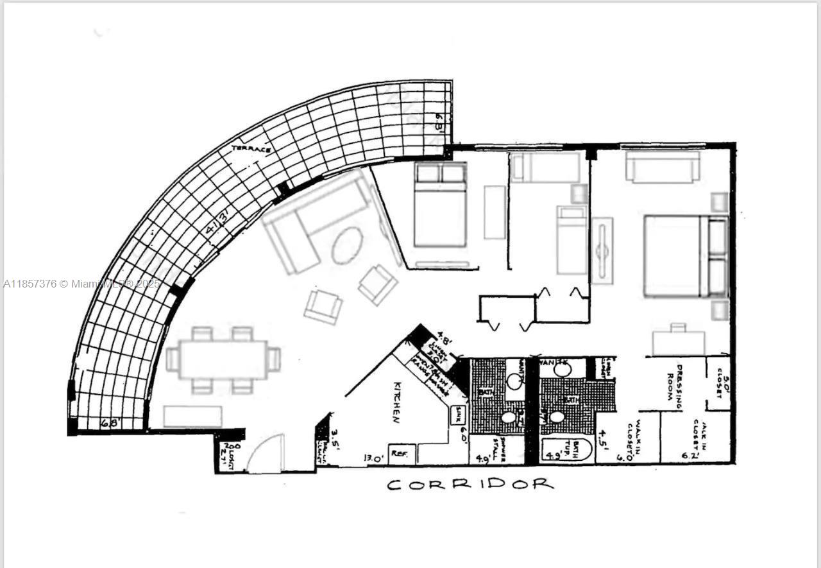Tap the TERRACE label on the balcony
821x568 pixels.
pyautogui.click(x=251, y=148)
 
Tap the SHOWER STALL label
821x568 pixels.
pyautogui.click(x=507, y=450)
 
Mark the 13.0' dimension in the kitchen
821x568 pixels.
pyautogui.click(x=374, y=458)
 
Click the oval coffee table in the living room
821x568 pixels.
pyautogui.click(x=347, y=245)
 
